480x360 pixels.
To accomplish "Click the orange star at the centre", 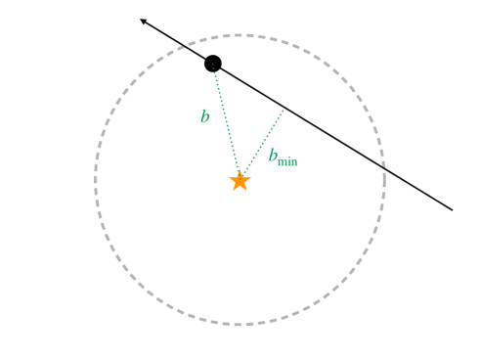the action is [240, 181].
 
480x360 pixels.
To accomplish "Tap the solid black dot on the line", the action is [213, 64].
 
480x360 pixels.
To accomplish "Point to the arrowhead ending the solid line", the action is [143, 21].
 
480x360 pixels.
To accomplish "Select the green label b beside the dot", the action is [204, 117].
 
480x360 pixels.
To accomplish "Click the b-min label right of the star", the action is [283, 157].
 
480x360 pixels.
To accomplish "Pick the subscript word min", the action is [287, 161].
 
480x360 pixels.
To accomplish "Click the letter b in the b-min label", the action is [273, 156].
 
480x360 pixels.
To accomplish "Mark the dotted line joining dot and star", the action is [226, 121].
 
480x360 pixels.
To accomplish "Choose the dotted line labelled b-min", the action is [262, 145].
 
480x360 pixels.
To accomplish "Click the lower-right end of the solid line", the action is [452, 209].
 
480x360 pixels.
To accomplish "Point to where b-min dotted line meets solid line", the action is [284, 108].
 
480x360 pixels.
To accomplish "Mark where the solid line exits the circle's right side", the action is [380, 166].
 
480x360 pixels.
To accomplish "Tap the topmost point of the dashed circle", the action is [240, 36].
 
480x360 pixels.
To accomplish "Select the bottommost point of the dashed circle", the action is [240, 324].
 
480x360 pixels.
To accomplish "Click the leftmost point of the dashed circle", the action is [96, 180].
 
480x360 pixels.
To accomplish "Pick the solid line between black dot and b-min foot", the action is [249, 86].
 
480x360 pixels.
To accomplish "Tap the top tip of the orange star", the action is [240, 172].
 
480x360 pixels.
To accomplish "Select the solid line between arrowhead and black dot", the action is [176, 41].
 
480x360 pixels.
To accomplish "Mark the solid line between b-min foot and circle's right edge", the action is [332, 137].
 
